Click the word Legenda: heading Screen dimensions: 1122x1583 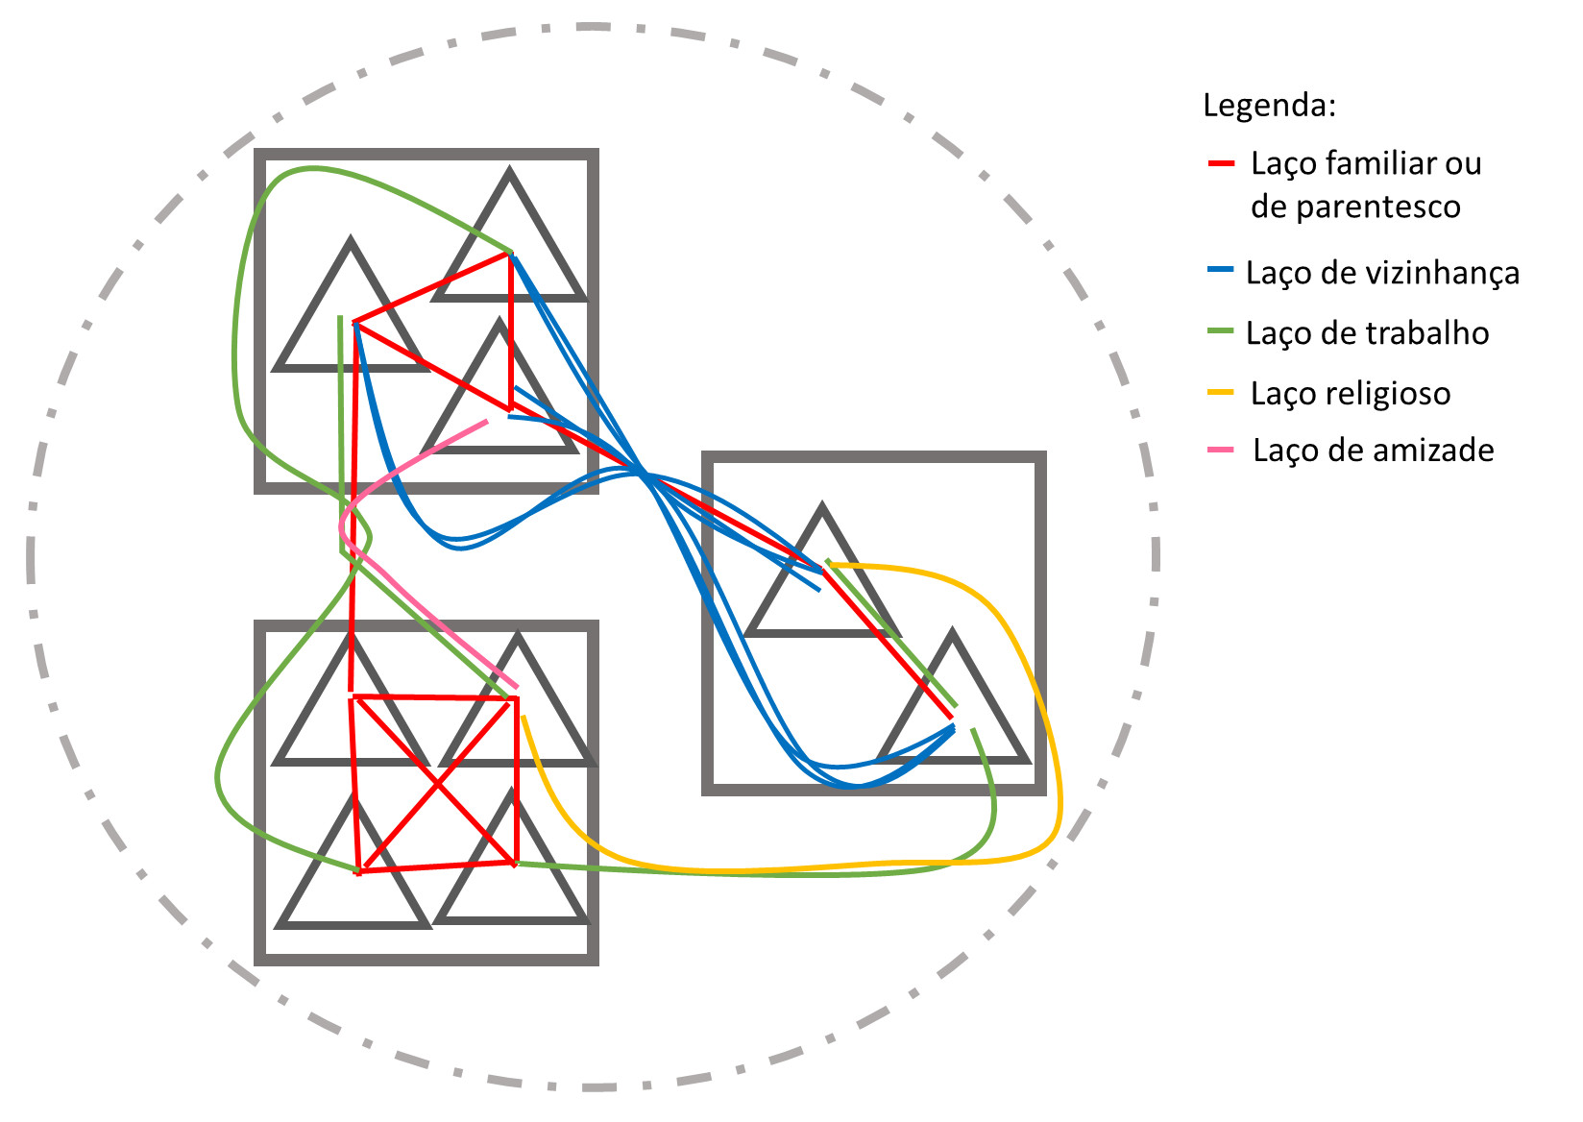[1269, 105]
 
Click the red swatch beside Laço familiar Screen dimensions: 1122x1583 [1221, 164]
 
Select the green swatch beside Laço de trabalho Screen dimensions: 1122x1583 [1221, 331]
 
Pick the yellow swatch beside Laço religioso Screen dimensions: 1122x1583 [1221, 392]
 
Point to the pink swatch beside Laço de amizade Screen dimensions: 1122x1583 [1221, 450]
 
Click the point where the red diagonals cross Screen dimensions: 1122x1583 [438, 785]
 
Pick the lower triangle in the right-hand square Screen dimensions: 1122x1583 [953, 711]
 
